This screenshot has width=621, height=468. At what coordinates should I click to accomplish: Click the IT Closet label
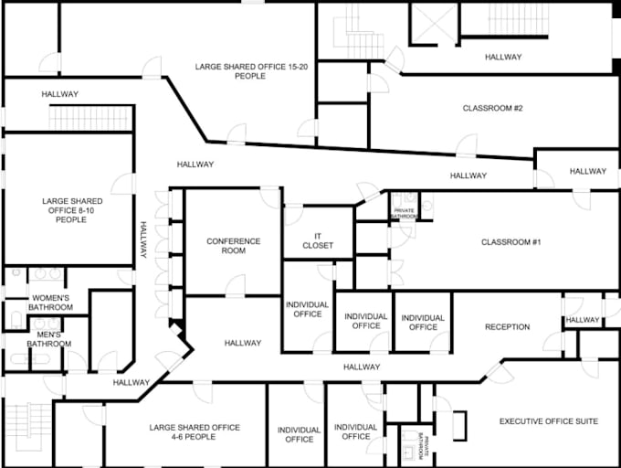tap(318, 241)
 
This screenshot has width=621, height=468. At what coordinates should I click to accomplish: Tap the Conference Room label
tap(234, 246)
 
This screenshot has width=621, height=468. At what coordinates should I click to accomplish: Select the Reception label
tap(508, 327)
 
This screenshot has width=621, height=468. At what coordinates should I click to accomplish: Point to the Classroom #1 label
tap(510, 241)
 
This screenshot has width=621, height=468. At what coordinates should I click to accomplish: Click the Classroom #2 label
tap(492, 108)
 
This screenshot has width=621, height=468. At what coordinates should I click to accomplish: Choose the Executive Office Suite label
tap(549, 421)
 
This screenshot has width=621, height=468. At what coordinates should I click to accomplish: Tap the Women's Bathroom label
tap(50, 303)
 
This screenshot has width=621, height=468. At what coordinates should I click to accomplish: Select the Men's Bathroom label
tap(49, 339)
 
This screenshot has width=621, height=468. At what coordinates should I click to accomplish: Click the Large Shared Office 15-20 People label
tap(251, 71)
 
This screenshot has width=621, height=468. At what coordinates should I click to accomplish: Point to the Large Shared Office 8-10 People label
tap(71, 210)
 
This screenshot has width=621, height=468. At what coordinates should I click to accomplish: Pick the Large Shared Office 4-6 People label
tap(195, 432)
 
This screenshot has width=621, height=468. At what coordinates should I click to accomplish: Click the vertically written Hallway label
tap(143, 239)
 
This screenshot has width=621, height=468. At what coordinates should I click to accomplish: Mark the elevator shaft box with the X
tap(435, 24)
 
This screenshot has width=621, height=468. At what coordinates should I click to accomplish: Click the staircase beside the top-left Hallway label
tap(90, 118)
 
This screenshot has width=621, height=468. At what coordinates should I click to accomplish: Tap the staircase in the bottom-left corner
tap(29, 427)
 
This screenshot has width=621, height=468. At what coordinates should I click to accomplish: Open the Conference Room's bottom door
tap(236, 286)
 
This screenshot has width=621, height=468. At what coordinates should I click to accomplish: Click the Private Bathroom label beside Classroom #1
tap(405, 213)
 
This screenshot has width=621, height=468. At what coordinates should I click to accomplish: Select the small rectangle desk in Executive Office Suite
tap(459, 426)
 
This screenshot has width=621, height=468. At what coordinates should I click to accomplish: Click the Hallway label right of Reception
tap(583, 320)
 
